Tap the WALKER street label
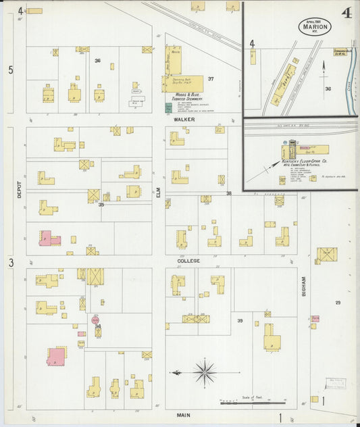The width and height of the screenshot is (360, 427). tap(184, 120)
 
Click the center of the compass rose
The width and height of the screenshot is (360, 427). tap(204, 371)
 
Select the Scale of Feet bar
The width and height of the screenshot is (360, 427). tap(251, 403)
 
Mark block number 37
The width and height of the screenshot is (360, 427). tap(211, 79)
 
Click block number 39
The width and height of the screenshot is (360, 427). tap(239, 320)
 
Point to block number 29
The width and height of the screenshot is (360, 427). tap(338, 302)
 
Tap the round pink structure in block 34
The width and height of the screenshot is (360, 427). tap(95, 320)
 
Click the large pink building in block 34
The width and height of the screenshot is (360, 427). tap(57, 355)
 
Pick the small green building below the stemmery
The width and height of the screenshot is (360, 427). tap(168, 107)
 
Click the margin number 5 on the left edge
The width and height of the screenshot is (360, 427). tap(10, 70)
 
